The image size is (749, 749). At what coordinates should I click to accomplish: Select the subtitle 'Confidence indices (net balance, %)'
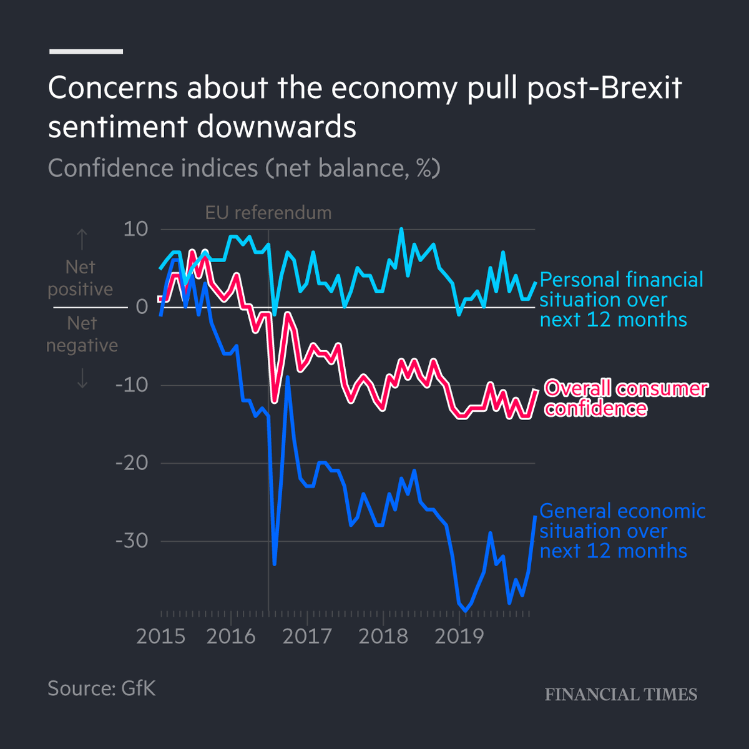click(244, 169)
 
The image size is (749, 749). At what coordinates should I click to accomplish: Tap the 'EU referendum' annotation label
click(268, 213)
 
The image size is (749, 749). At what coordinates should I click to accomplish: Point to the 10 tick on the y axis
click(135, 229)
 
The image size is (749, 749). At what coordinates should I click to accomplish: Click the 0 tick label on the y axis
click(142, 306)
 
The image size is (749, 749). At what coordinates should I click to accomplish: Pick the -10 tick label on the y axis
click(132, 384)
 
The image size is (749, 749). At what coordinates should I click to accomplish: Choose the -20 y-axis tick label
click(132, 463)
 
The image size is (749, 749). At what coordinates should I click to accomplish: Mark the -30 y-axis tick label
click(132, 541)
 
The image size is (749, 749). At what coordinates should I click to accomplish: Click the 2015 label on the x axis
click(161, 636)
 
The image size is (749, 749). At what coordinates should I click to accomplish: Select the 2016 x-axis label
click(231, 636)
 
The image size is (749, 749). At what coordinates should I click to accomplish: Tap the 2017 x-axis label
click(307, 636)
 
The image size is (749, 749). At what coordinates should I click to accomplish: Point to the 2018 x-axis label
click(383, 636)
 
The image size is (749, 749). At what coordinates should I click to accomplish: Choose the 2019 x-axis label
click(459, 636)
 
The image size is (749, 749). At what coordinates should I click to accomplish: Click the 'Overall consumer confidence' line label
click(625, 398)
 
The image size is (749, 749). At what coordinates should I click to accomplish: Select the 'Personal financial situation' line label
click(621, 300)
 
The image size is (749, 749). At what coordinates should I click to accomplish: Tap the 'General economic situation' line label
click(622, 531)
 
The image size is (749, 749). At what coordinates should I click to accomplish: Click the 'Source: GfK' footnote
click(101, 688)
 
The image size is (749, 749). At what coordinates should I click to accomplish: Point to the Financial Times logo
click(621, 695)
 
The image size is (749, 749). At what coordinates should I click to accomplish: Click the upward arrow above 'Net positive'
click(82, 239)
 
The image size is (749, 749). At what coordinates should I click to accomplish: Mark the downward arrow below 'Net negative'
click(82, 378)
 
